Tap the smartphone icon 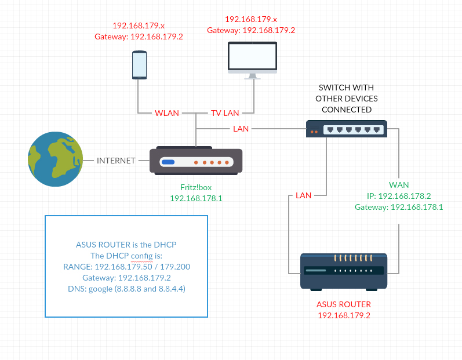(x=139, y=64)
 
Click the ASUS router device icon (x=344, y=272)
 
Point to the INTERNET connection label (x=116, y=161)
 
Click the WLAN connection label (x=167, y=112)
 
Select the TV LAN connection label (x=225, y=112)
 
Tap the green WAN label (x=399, y=185)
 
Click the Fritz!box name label (x=196, y=188)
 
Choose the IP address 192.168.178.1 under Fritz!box (x=196, y=198)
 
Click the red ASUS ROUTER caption (x=344, y=304)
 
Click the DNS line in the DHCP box (x=126, y=288)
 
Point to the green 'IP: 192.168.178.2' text (x=399, y=196)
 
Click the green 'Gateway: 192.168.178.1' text (x=399, y=207)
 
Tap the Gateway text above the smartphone (x=139, y=37)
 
